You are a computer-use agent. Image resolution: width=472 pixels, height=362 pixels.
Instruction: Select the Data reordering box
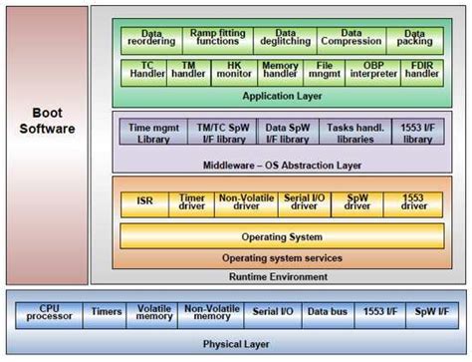(x=151, y=39)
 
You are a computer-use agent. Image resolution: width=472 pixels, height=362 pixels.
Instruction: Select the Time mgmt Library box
(x=154, y=133)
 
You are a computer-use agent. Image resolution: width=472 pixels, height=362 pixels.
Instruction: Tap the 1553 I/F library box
(x=414, y=133)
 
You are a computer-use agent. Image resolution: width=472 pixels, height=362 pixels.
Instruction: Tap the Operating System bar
(x=282, y=236)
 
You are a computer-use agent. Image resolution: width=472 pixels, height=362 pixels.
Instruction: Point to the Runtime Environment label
(x=282, y=276)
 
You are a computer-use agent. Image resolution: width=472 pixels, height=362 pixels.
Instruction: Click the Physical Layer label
(x=236, y=343)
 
